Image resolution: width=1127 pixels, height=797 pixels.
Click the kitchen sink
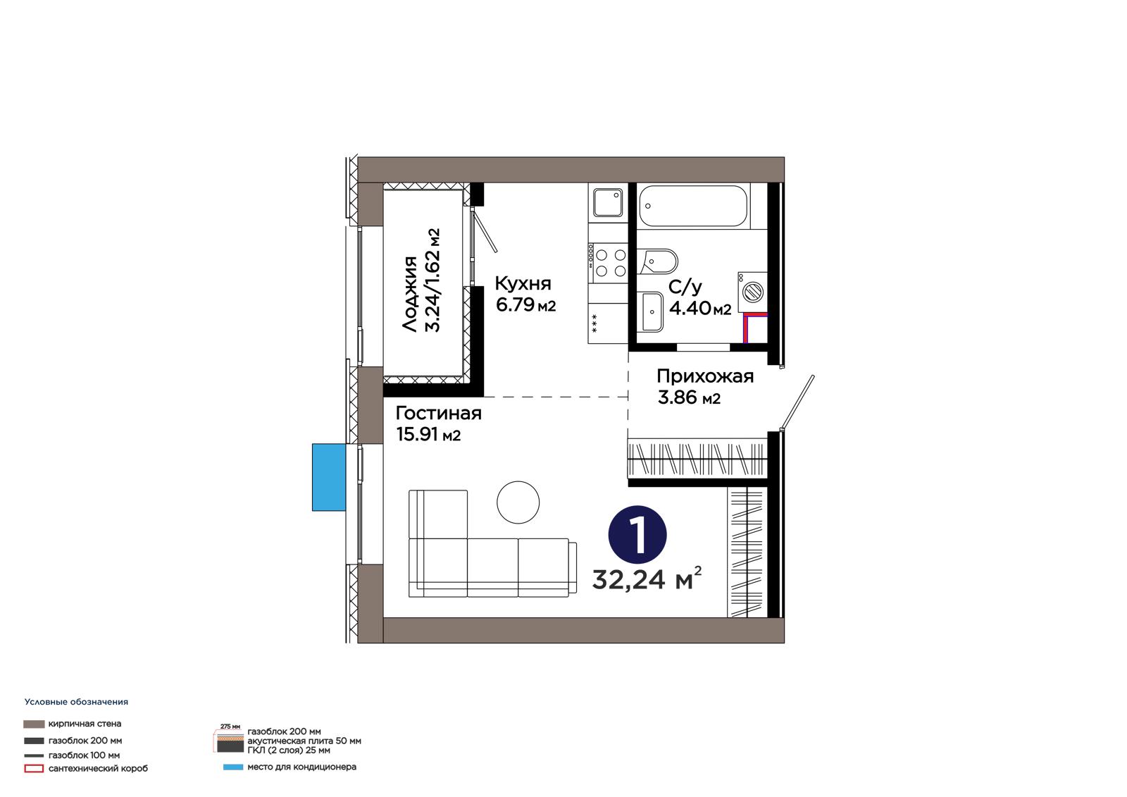608,202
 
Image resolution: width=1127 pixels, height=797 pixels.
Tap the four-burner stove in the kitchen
608,262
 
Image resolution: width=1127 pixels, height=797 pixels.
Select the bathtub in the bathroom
693,206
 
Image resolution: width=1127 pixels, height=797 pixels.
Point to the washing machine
753,292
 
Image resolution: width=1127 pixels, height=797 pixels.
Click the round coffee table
518,502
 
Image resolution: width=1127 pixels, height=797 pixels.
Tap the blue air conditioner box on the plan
329,477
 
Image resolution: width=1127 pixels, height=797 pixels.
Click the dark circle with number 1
637,534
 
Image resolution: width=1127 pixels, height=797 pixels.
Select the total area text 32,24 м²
647,579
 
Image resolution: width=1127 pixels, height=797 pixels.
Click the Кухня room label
523,284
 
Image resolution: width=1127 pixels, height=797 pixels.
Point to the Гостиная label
439,414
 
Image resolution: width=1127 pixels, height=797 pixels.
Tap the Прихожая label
705,376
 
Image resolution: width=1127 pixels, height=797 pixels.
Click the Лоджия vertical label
410,294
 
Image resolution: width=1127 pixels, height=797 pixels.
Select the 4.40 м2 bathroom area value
700,308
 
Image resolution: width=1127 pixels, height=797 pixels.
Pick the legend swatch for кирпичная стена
34,724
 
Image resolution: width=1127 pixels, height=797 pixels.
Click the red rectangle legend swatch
34,769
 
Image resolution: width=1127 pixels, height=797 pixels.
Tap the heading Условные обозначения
77,702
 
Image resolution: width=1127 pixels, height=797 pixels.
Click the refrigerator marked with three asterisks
608,323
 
